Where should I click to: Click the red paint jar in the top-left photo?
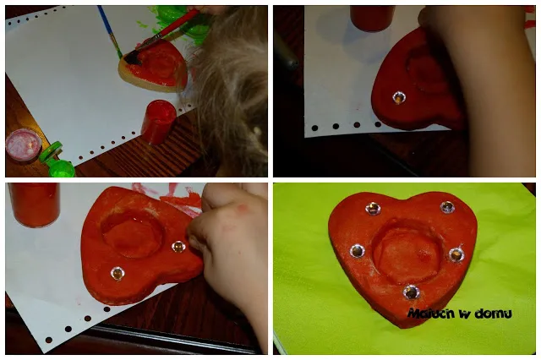159,122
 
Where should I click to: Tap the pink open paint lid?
23,145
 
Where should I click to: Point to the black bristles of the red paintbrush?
134,58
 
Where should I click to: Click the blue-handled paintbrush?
110,31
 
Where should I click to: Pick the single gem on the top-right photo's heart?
399,98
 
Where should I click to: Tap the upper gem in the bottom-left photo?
178,246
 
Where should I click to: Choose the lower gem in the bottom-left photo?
117,273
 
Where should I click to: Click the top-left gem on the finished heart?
373,208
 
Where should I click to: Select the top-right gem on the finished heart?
447,207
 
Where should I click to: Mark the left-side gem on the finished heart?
357,251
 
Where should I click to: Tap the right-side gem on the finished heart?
456,255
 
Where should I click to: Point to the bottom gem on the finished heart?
412,292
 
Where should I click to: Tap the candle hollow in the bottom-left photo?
133,233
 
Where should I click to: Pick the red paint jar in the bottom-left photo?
34,205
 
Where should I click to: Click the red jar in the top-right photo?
372,18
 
